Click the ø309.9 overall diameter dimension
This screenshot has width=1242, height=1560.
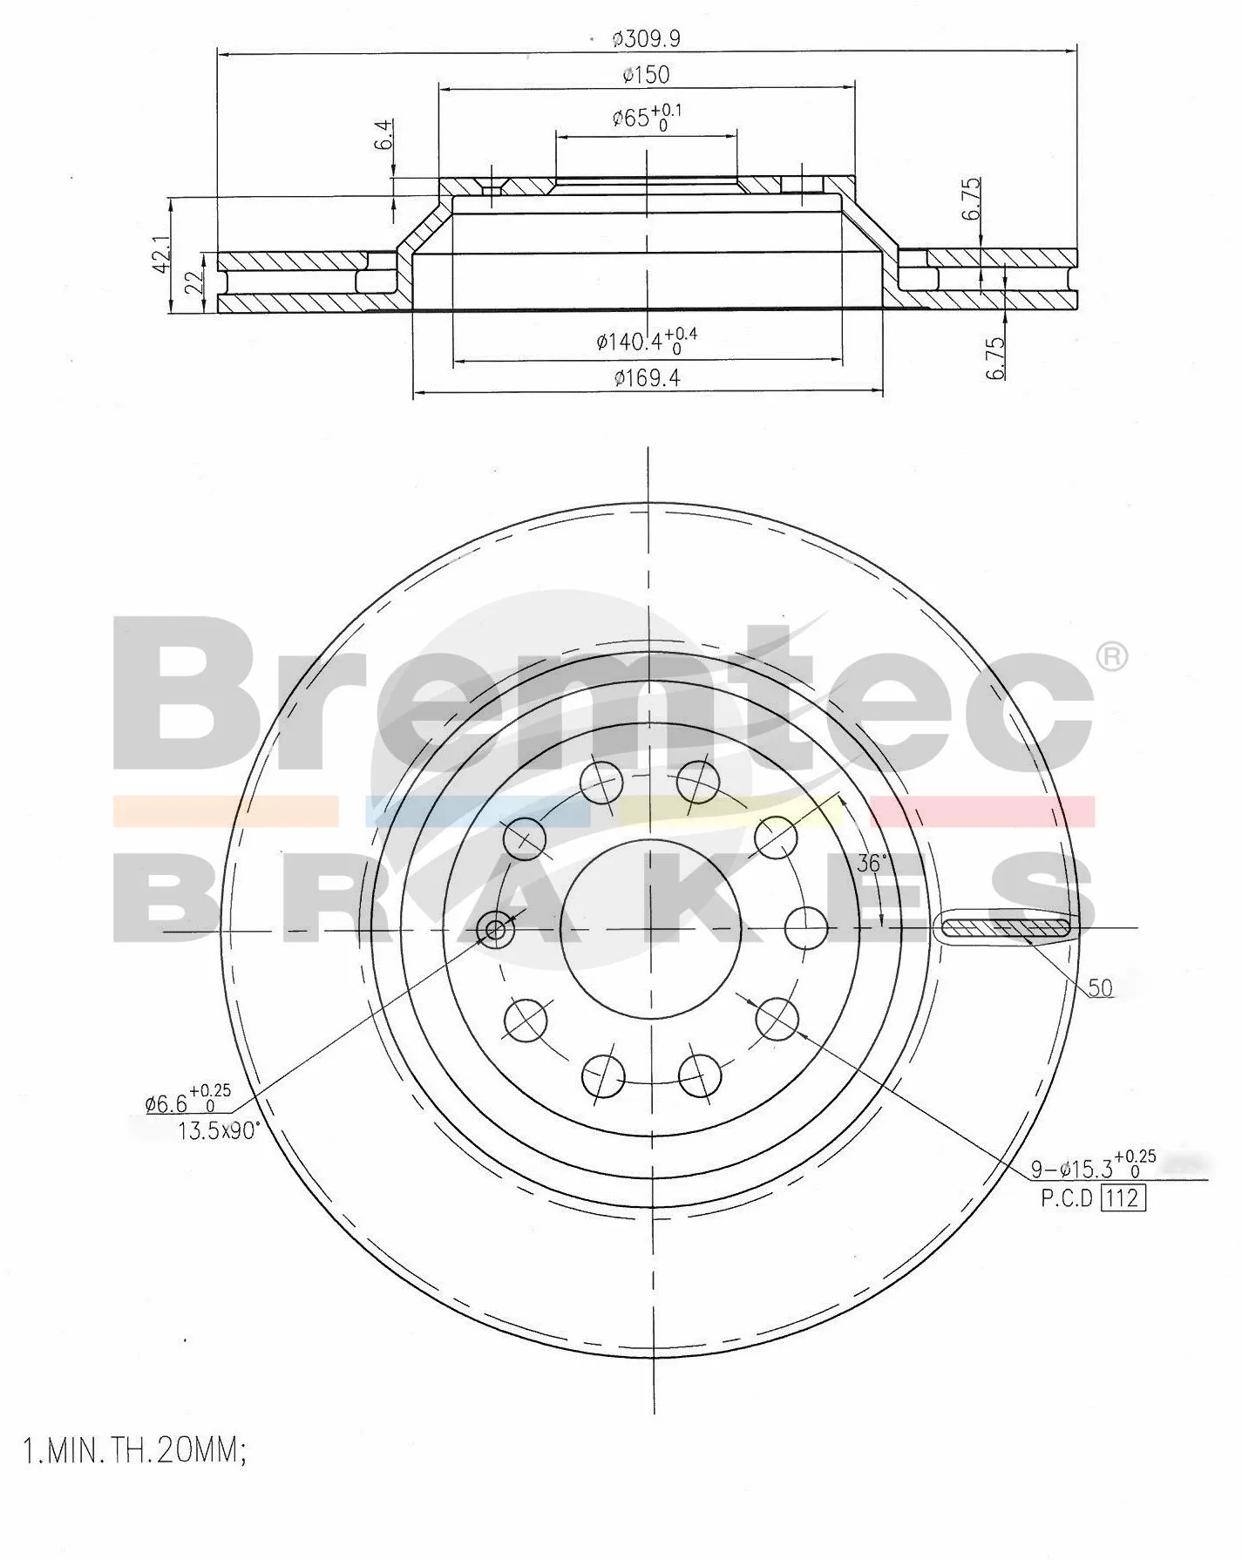click(646, 38)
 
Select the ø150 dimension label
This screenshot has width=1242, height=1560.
click(646, 75)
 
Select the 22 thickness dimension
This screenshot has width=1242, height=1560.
click(194, 281)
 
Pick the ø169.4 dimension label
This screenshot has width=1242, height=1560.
click(646, 377)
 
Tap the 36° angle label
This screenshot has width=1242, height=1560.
click(872, 863)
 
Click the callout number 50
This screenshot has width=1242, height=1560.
click(1100, 987)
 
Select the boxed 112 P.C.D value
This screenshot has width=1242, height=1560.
click(1123, 1197)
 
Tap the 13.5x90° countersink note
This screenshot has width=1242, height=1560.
click(218, 1131)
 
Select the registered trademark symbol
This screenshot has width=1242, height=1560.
click(1110, 657)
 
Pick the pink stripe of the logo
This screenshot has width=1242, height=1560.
click(982, 811)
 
